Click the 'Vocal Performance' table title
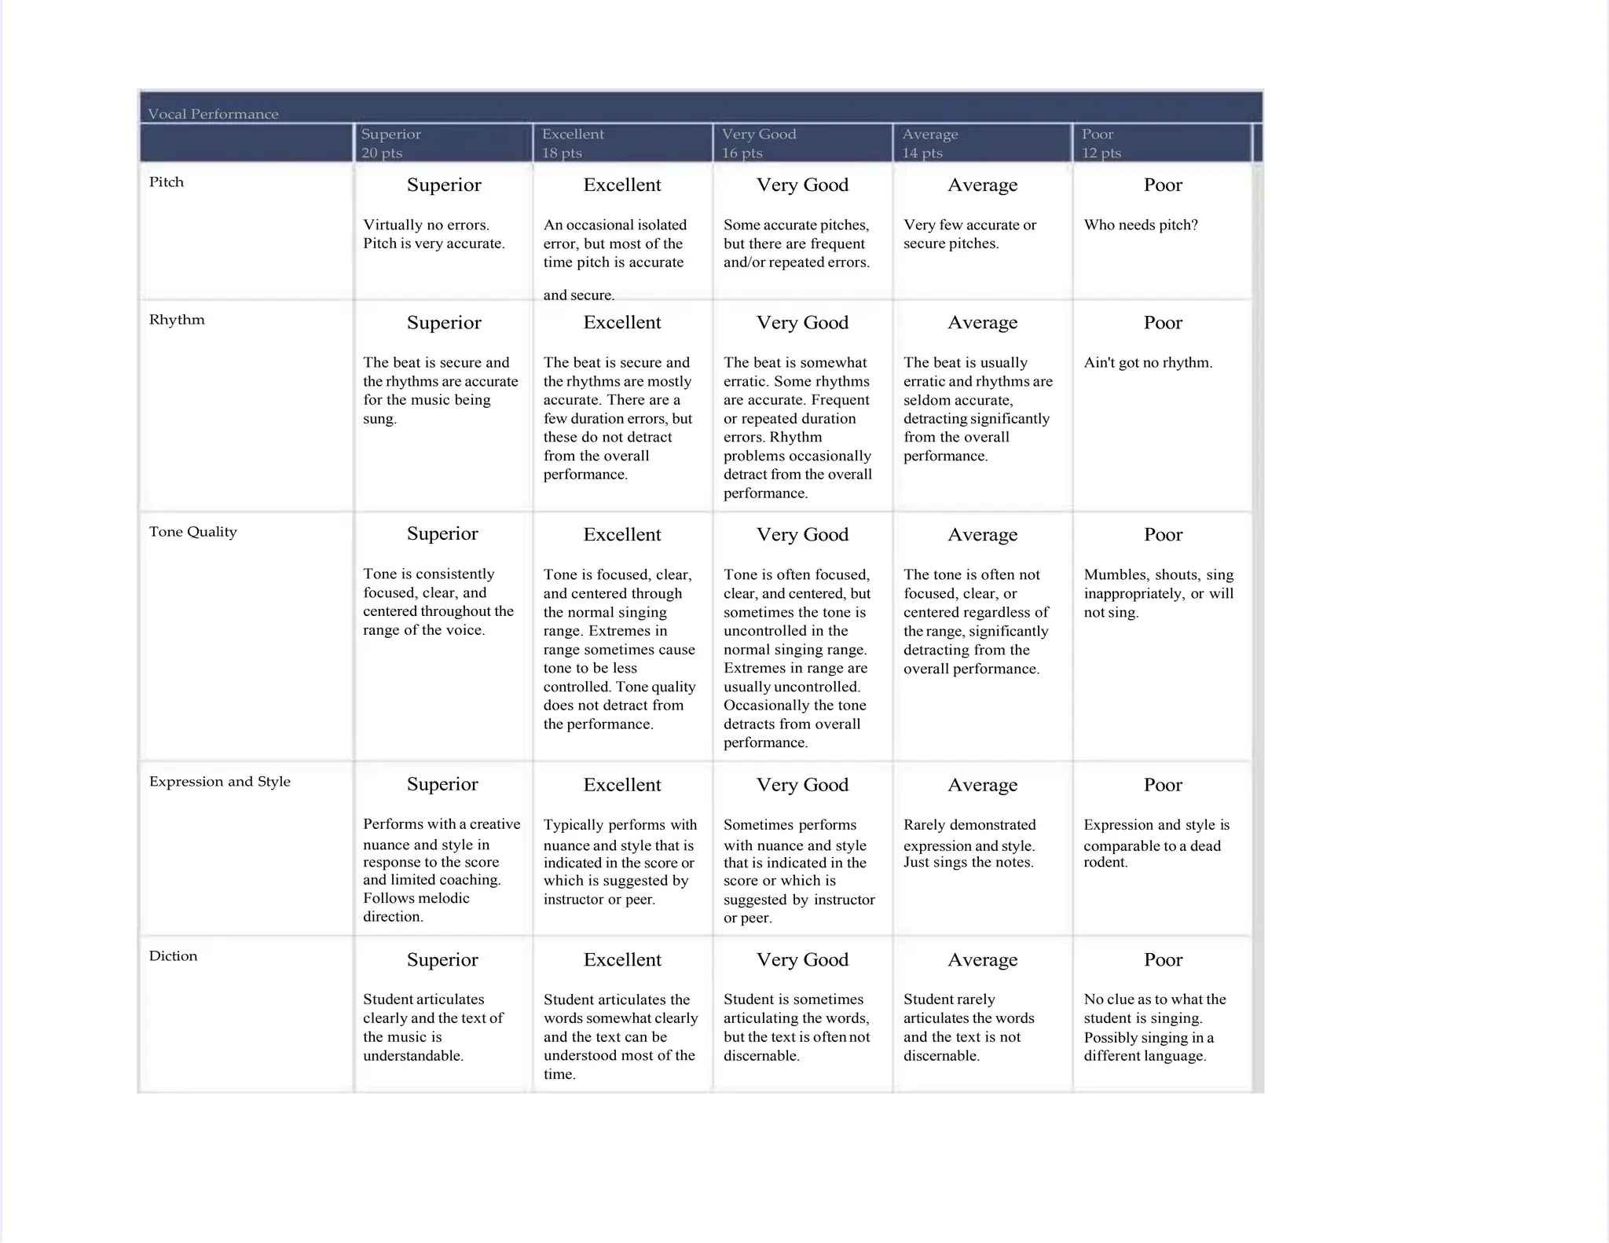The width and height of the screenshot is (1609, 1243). click(213, 114)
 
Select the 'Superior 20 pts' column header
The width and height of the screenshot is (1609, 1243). click(391, 143)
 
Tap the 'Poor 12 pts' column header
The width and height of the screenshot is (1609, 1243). click(1101, 143)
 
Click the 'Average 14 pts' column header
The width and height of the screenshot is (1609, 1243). click(929, 143)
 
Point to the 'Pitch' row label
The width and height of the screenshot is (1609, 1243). click(167, 182)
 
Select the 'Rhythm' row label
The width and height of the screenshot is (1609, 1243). click(177, 320)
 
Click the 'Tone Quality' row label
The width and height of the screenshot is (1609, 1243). click(192, 532)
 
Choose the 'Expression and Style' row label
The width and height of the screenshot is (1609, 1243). click(220, 782)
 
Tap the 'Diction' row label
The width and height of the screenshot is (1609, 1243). click(173, 956)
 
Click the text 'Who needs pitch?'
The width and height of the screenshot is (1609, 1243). click(1141, 225)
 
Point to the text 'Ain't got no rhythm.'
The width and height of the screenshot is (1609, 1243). click(1148, 363)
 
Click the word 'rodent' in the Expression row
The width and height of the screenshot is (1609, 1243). click(1105, 863)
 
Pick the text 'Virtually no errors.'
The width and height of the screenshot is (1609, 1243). click(426, 225)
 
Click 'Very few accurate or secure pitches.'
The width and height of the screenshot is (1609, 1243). click(969, 234)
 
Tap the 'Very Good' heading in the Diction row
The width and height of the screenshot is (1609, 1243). click(802, 960)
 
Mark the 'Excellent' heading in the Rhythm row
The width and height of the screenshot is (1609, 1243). click(622, 323)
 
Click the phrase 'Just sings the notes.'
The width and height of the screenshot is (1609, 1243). click(968, 863)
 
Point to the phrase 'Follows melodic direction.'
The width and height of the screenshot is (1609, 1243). click(416, 907)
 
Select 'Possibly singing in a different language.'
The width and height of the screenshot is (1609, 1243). click(1148, 1047)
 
